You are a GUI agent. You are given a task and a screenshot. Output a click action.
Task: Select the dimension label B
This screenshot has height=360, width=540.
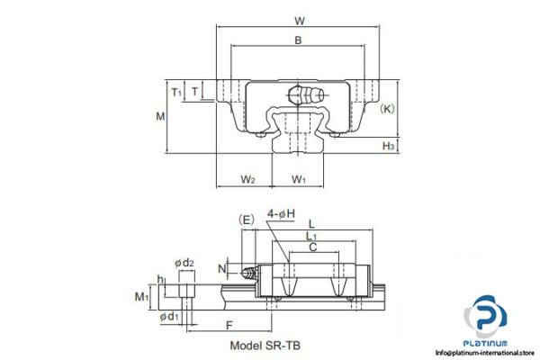298,39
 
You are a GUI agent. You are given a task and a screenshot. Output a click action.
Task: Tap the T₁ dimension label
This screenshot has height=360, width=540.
176,91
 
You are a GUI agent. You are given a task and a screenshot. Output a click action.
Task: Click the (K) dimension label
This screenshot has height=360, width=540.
387,109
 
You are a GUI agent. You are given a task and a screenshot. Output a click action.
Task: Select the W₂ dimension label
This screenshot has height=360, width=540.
248,179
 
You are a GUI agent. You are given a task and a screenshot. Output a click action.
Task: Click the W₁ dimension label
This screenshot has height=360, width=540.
299,179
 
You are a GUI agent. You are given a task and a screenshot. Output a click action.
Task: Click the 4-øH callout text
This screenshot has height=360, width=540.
282,213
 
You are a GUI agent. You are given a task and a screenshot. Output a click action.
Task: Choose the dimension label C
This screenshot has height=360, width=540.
311,247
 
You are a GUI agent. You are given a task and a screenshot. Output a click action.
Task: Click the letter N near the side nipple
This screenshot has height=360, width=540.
222,268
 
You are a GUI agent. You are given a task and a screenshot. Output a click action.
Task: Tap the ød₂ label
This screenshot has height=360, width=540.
184,263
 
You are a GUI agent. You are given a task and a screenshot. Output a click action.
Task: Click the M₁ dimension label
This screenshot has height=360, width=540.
141,296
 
